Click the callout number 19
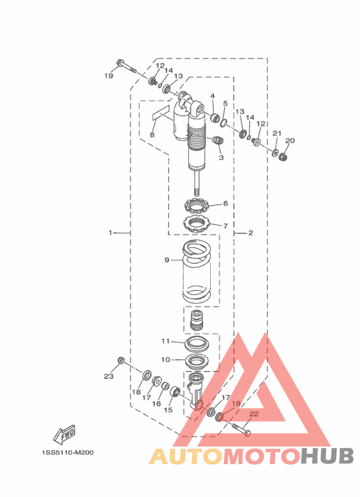[109, 76]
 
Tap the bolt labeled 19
[127, 66]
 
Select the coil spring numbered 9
[197, 271]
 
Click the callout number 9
[166, 260]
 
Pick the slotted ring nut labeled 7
[197, 223]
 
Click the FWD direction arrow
[65, 434]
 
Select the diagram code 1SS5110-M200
[67, 453]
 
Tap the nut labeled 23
[121, 360]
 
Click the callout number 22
[254, 413]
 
